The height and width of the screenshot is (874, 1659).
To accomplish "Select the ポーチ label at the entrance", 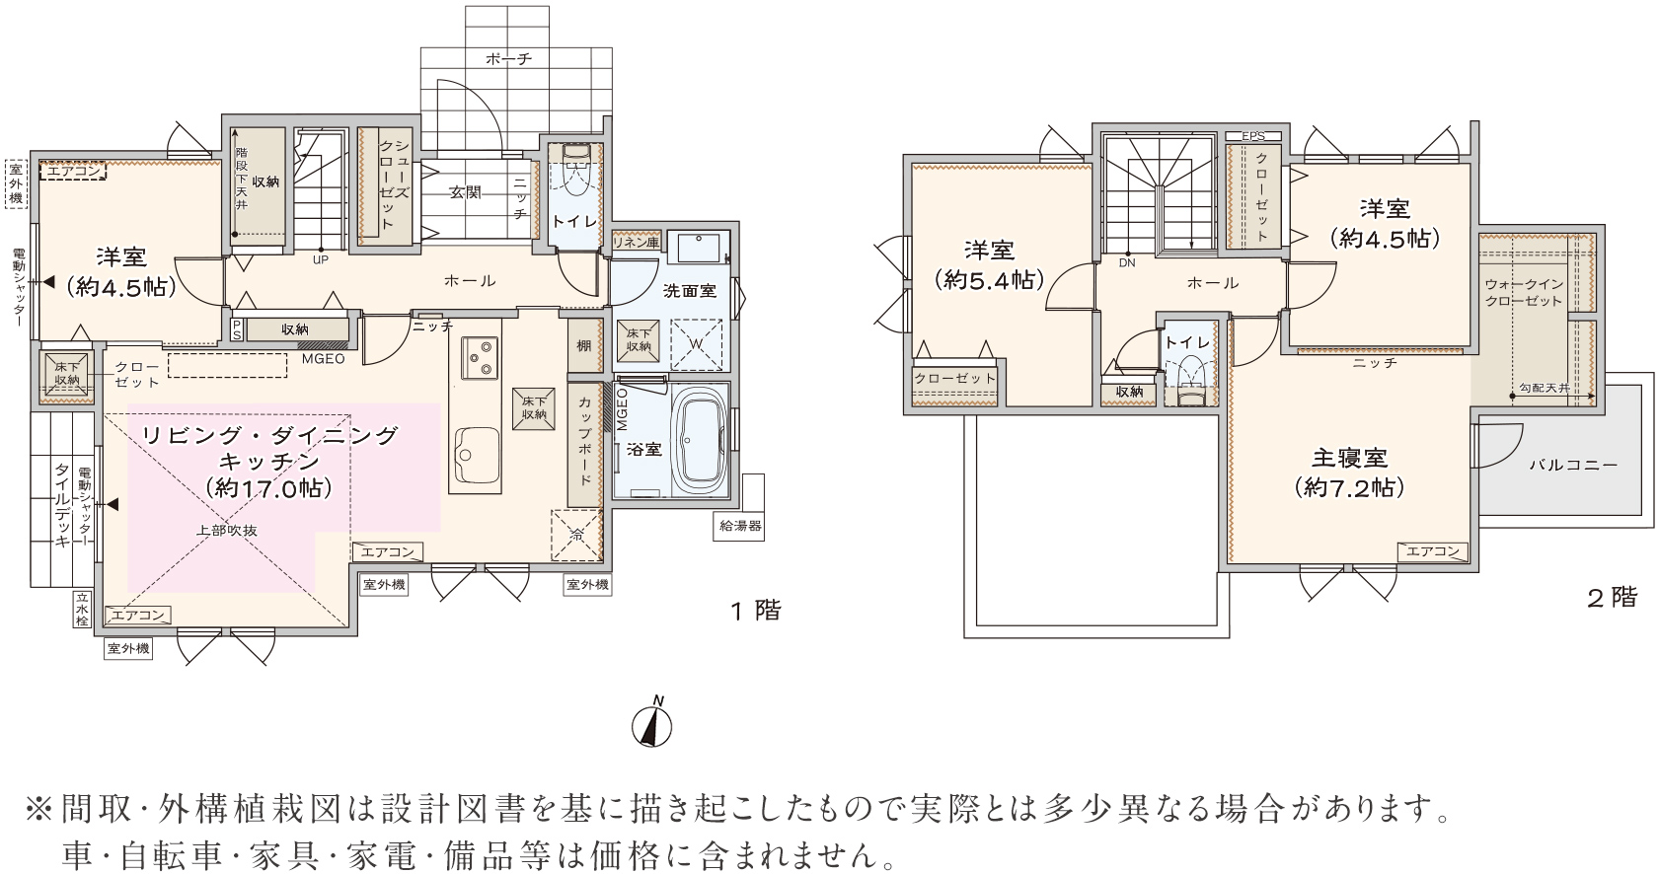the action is pos(509,58).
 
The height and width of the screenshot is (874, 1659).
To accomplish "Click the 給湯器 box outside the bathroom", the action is pos(740,526).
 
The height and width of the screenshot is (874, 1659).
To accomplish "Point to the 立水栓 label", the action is pos(81,609).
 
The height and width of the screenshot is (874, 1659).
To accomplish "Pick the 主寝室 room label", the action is pos(1349,458).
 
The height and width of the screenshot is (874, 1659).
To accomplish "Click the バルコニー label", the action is pos(1573,465).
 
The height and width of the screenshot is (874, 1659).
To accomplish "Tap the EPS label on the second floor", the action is pos(1253,136).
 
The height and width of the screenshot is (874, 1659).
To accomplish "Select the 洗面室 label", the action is pos(690,290).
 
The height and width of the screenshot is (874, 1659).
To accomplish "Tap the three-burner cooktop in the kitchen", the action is pos(480,358).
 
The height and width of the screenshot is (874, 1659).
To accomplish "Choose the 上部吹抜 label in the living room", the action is pos(227,531).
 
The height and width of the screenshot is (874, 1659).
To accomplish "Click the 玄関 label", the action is pos(465,192).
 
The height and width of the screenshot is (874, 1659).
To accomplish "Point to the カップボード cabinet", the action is pos(584,443).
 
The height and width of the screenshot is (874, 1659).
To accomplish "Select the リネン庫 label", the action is pos(637,242).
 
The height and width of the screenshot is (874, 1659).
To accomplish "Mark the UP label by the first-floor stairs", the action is pos(320,259).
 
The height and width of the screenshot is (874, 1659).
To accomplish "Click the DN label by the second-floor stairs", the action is pos(1126,262).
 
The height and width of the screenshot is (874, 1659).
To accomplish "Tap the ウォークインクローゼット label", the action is pos(1524,292).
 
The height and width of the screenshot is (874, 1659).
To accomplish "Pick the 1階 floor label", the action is pos(756,611).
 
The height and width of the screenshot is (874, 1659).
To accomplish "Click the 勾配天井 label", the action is pos(1544,387).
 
